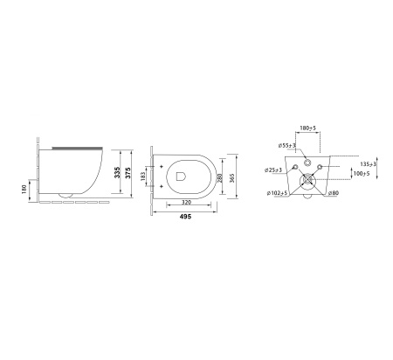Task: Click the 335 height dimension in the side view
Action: pos(117,172)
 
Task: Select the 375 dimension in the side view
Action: pos(128,173)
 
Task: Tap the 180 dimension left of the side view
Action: pos(24,189)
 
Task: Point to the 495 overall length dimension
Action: pos(185,217)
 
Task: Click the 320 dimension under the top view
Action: pos(187,202)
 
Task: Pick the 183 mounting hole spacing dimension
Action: pos(143,177)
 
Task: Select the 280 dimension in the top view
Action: pos(220,178)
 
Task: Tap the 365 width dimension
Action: pos(231,178)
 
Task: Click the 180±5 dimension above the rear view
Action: pos(307,128)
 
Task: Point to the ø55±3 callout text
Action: pos(287,145)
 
